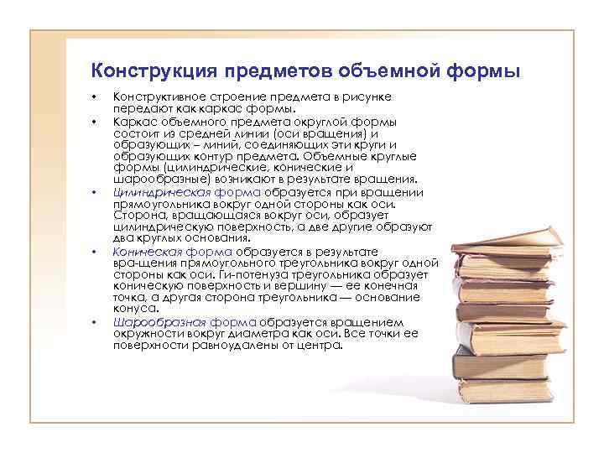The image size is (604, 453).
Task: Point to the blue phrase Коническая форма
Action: [173, 250]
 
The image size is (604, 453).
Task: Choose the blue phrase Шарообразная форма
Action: [185, 321]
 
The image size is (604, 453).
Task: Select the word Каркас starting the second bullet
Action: [135, 120]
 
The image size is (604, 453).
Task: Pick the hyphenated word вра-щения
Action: [137, 262]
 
